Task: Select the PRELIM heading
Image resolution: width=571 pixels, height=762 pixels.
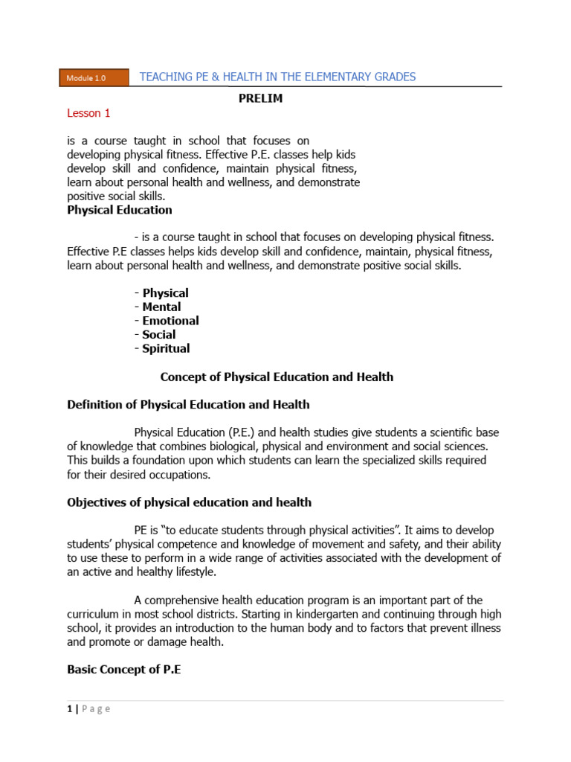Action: (x=260, y=98)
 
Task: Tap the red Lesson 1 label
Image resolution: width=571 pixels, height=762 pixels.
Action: (x=88, y=113)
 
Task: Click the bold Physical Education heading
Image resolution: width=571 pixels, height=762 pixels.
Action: (x=120, y=210)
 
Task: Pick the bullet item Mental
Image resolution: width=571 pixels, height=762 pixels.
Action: (x=161, y=307)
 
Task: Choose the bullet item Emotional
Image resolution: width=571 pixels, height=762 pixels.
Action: (x=170, y=321)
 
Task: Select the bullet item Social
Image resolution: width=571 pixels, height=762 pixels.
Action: (x=159, y=334)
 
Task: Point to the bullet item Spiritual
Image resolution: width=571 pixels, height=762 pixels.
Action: (x=166, y=348)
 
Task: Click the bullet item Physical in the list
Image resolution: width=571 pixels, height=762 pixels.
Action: (x=165, y=292)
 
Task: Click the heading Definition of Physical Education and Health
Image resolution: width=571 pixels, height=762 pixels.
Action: (x=188, y=405)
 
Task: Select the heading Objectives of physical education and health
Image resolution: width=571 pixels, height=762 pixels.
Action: (x=189, y=502)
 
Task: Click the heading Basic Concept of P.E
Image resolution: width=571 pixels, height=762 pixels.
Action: (x=124, y=670)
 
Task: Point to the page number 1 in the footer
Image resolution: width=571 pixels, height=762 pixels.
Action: (x=69, y=709)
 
